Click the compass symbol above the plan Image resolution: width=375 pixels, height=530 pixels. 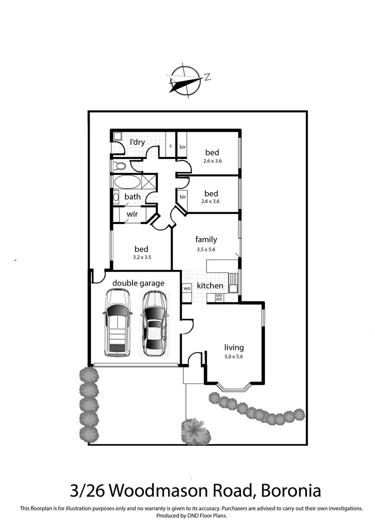[186, 79]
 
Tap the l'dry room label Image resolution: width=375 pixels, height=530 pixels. [137, 142]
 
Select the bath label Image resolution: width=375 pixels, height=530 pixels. [132, 196]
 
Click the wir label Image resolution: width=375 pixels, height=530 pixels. [132, 214]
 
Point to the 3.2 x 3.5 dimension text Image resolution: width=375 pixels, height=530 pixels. [141, 257]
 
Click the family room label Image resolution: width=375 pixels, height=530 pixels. [206, 239]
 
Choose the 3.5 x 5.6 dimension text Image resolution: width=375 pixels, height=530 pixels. [206, 249]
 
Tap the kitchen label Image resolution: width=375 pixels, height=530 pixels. [210, 285]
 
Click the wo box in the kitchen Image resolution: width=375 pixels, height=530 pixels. [186, 288]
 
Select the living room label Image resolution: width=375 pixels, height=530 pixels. [234, 347]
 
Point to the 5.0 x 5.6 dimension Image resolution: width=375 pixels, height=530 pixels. [234, 357]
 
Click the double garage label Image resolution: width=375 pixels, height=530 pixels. [138, 283]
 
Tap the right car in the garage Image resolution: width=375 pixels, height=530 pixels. [154, 323]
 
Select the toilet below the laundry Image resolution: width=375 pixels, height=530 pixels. [118, 165]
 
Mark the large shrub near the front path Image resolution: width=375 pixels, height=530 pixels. [193, 428]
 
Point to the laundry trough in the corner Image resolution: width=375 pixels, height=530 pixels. [117, 135]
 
